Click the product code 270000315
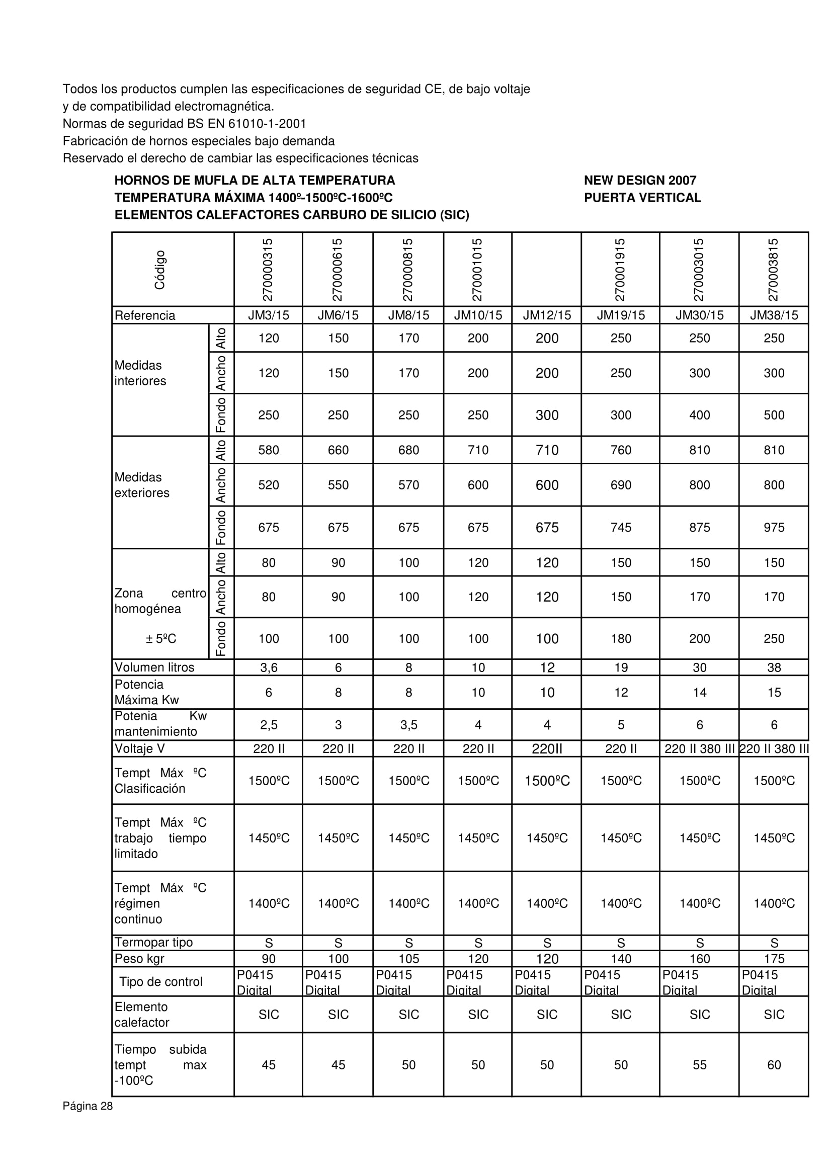[268, 270]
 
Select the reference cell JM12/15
[547, 315]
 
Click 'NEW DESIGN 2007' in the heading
[640, 180]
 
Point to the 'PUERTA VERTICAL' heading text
[642, 198]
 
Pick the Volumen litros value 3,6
[269, 667]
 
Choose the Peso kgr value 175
[774, 959]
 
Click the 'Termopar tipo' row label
[154, 943]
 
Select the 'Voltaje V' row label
[140, 749]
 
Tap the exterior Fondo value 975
[774, 528]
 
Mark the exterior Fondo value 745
[620, 528]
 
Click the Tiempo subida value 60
[774, 1065]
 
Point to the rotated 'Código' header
[160, 270]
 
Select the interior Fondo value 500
[774, 415]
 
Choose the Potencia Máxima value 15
[774, 693]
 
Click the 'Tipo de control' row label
[161, 982]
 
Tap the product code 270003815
[773, 270]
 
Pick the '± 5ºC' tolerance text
[161, 639]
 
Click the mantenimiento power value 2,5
[269, 725]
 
